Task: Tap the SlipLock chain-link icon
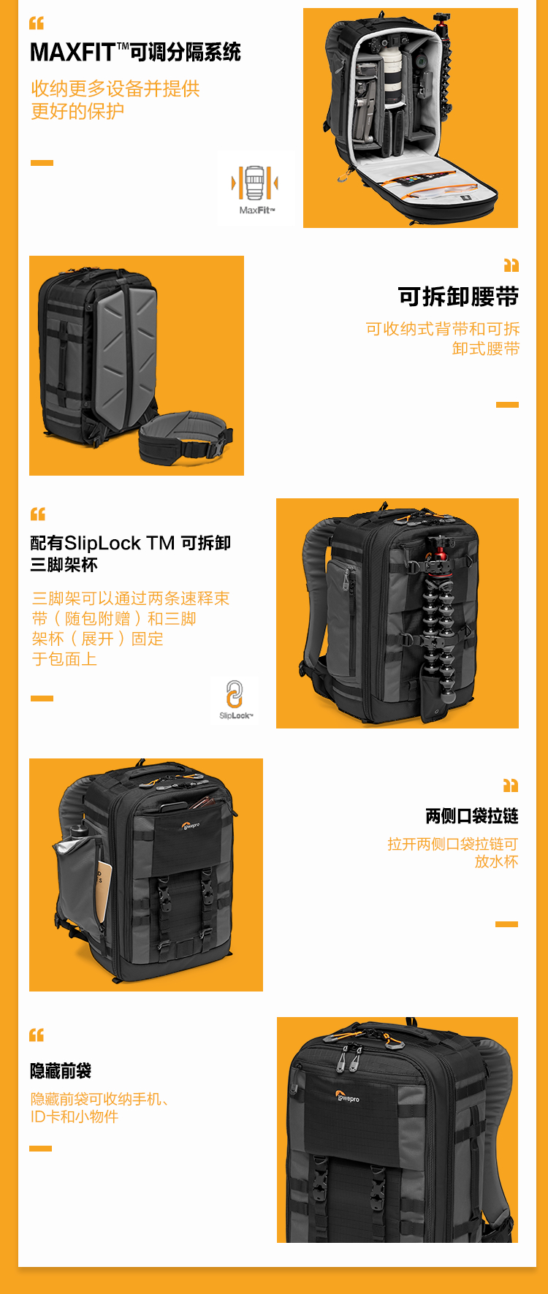235,693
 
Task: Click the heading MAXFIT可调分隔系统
135,53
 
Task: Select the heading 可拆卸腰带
458,297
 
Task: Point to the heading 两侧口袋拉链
472,815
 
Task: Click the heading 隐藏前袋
61,1071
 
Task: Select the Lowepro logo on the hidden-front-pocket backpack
347,1097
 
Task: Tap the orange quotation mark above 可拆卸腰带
511,264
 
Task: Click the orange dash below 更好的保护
42,163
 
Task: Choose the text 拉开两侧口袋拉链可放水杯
453,853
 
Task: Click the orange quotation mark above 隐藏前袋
37,1035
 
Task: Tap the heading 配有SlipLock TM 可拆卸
131,543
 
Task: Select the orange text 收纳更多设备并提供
115,89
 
